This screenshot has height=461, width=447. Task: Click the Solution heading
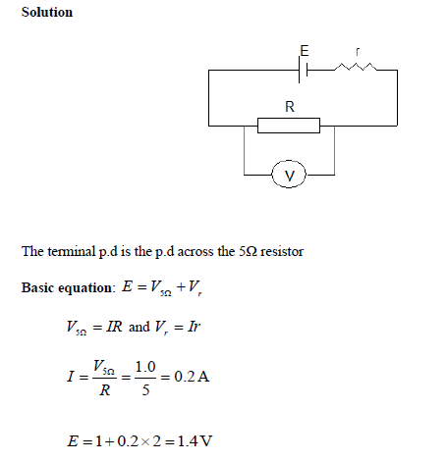46,12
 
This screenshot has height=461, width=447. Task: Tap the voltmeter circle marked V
289,175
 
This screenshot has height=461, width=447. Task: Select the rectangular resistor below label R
289,126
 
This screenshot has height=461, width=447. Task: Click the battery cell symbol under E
305,70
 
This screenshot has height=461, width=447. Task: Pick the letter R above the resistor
289,105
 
